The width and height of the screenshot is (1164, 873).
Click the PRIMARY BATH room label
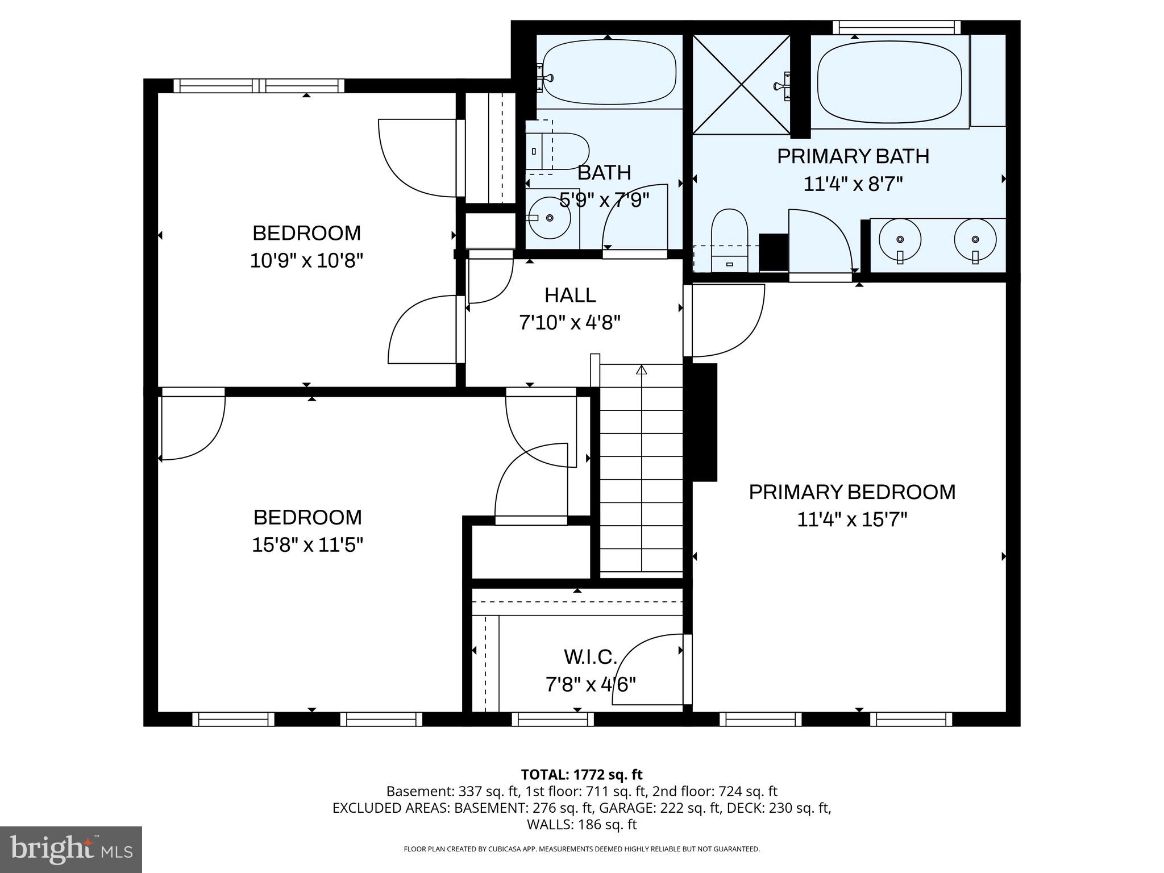(853, 156)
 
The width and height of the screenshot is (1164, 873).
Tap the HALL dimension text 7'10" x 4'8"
(569, 323)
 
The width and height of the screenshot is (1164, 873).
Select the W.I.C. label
(590, 657)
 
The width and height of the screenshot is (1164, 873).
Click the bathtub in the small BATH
(609, 72)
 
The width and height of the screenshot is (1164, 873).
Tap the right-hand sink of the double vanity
(975, 239)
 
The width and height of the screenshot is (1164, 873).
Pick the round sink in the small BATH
(548, 218)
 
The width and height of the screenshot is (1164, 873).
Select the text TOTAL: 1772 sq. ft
(581, 775)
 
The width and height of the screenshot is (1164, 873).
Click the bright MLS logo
(70, 849)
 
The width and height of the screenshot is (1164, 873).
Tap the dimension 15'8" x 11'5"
(307, 545)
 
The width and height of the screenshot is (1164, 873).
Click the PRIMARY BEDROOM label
(851, 492)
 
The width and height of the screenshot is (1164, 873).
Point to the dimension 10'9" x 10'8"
(306, 261)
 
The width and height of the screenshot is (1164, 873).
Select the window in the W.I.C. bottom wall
(552, 719)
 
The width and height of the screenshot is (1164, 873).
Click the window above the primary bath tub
(896, 27)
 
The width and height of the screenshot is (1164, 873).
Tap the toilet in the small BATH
(560, 151)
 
